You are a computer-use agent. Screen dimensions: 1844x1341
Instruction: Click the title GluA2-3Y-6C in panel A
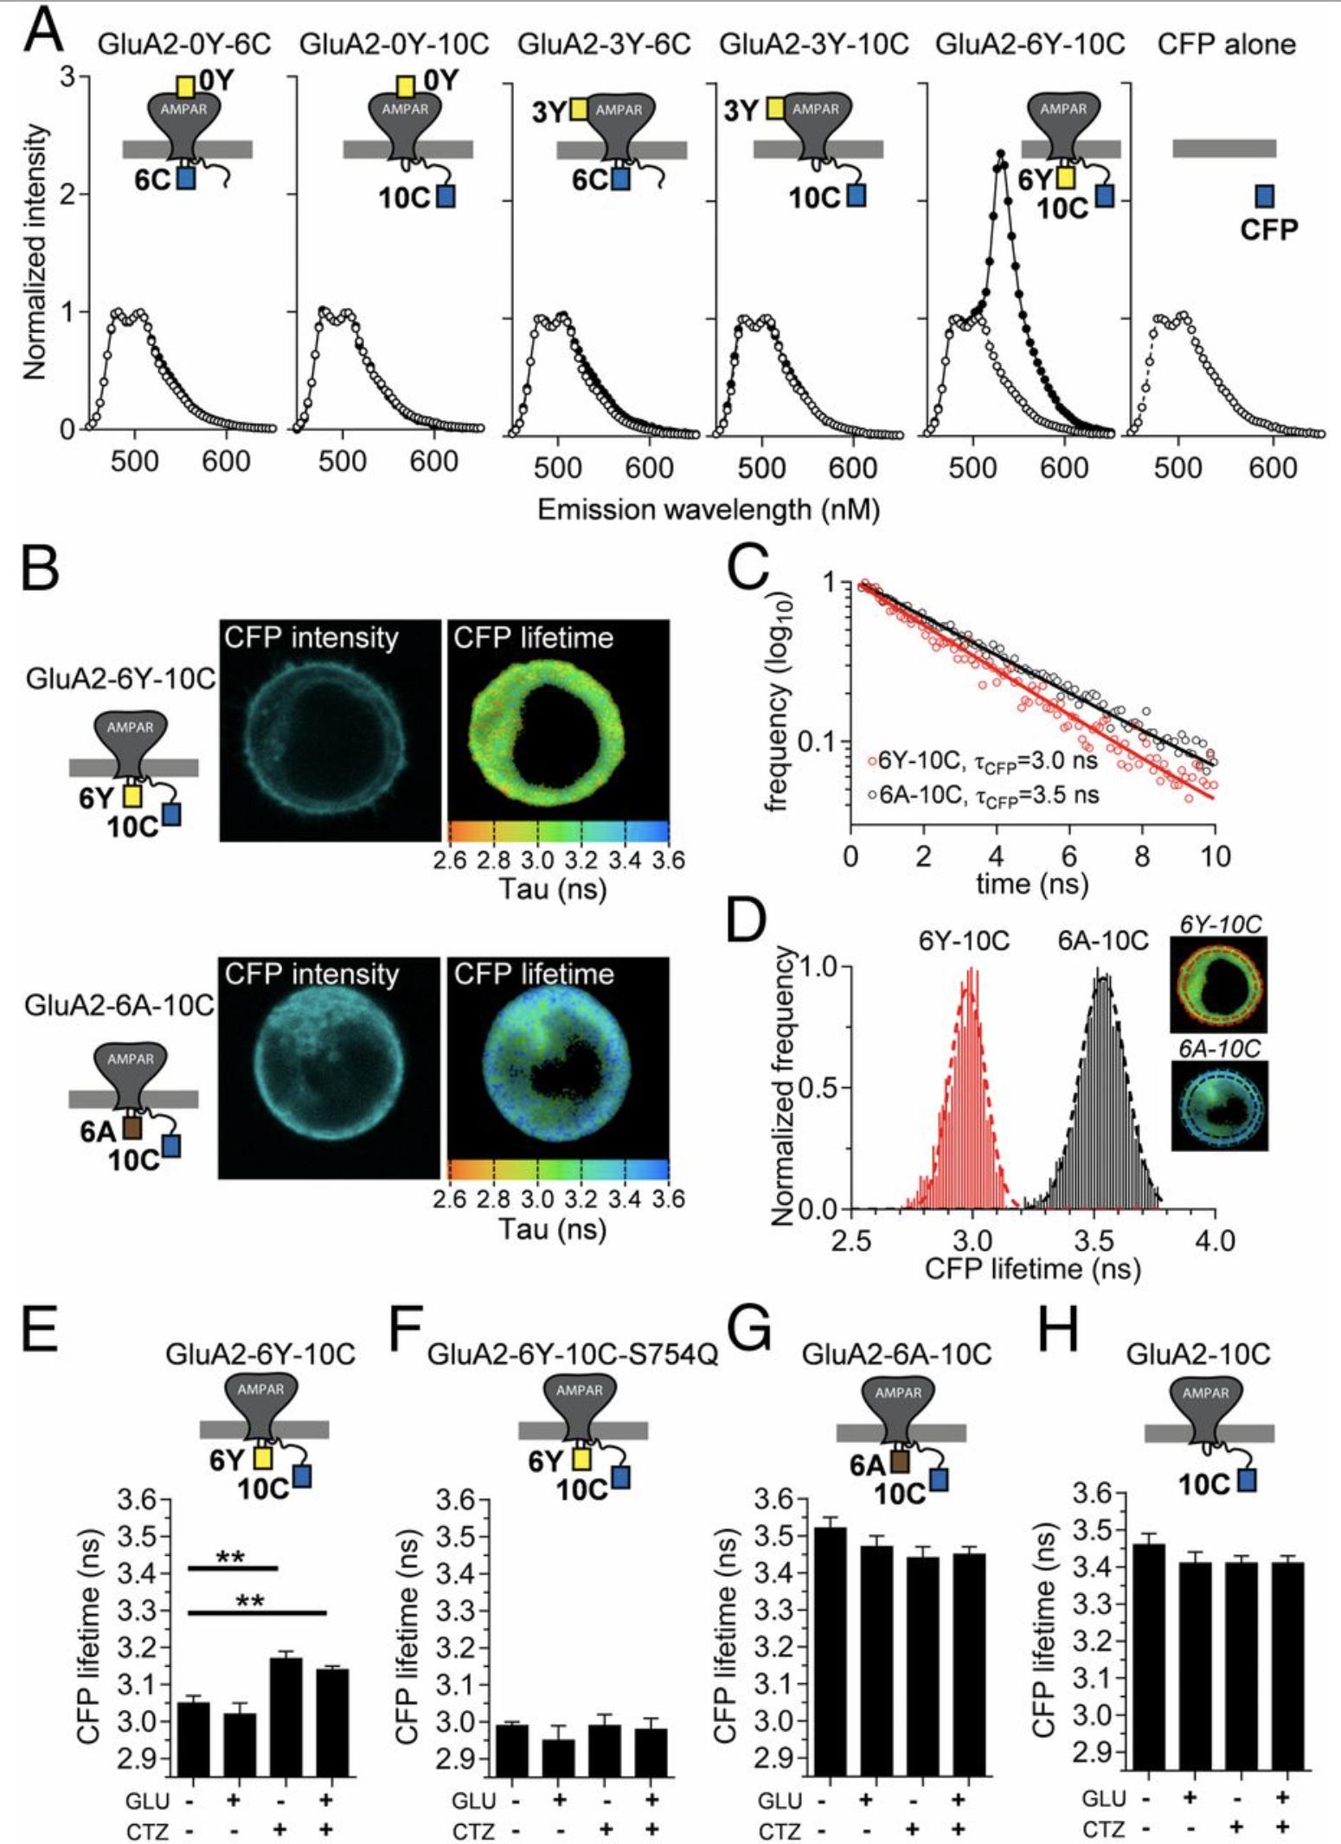coord(604,43)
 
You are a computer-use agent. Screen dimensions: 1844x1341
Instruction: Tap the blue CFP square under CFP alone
coord(1264,196)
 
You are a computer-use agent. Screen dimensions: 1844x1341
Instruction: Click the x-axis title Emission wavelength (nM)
coord(709,509)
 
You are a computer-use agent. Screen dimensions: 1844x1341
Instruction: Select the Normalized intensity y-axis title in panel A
coord(35,251)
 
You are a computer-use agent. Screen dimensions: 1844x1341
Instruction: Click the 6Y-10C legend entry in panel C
coord(982,761)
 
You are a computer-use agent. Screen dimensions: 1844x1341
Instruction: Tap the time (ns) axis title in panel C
coord(1032,883)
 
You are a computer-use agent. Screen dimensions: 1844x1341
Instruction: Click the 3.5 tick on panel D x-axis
coord(1094,1242)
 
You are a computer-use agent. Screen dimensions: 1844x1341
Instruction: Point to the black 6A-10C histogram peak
coord(1101,977)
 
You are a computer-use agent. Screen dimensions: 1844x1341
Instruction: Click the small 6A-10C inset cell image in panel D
coord(1219,1105)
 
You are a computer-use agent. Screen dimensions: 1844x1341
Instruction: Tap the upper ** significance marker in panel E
coord(231,1558)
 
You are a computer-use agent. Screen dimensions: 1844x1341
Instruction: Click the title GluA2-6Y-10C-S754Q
coord(573,1354)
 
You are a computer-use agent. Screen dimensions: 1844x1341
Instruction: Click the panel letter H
coord(1057,1330)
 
